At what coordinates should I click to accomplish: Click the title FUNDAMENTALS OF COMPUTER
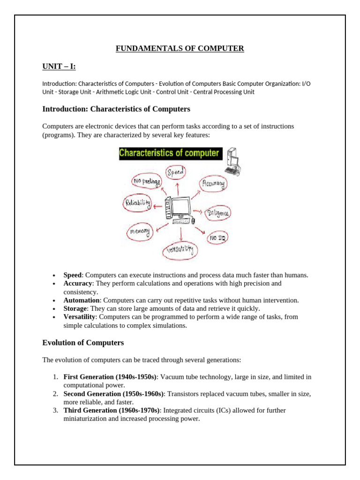pos(180,48)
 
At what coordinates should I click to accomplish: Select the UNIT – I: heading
pos(59,67)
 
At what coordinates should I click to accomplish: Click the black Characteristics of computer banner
pos(170,153)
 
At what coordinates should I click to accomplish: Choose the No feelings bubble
pos(147,181)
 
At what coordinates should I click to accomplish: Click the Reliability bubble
pos(137,203)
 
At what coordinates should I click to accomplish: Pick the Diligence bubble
pos(218,213)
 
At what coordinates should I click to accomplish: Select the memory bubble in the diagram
pos(140,232)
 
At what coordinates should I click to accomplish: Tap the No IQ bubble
pos(217,239)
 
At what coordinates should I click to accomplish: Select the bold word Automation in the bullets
pos(81,300)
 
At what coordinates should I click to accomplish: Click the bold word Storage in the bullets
pos(75,308)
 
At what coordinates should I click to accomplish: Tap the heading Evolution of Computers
pos(83,343)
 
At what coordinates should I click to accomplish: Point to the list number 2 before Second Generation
pos(55,394)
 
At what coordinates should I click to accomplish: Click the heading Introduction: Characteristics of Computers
pos(116,109)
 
